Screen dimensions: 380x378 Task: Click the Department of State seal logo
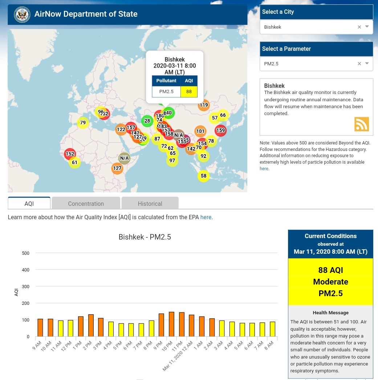(x=22, y=15)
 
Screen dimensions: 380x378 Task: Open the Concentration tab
(x=86, y=204)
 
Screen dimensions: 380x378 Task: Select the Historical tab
(x=150, y=204)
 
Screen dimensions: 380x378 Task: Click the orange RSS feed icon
(x=361, y=124)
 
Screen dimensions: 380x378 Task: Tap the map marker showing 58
(x=204, y=176)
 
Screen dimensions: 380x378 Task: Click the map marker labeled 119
(x=204, y=105)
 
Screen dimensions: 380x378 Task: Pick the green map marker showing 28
(x=147, y=121)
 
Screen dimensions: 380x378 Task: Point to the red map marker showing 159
(x=220, y=130)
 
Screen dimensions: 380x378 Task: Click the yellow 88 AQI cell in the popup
(x=189, y=91)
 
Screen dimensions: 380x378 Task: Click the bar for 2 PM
(x=91, y=325)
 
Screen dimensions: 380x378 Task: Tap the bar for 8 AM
(x=272, y=329)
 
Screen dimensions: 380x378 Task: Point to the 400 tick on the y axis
(x=26, y=270)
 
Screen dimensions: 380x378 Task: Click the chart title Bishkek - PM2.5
(x=145, y=237)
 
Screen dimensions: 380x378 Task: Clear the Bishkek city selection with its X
(x=359, y=27)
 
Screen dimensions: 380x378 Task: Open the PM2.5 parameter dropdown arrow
(x=367, y=64)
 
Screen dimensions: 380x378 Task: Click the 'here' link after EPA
(x=206, y=217)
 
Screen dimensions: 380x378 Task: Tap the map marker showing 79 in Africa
(x=83, y=123)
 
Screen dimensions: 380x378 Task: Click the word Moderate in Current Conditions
(x=330, y=282)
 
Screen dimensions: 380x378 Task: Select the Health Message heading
(x=330, y=312)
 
